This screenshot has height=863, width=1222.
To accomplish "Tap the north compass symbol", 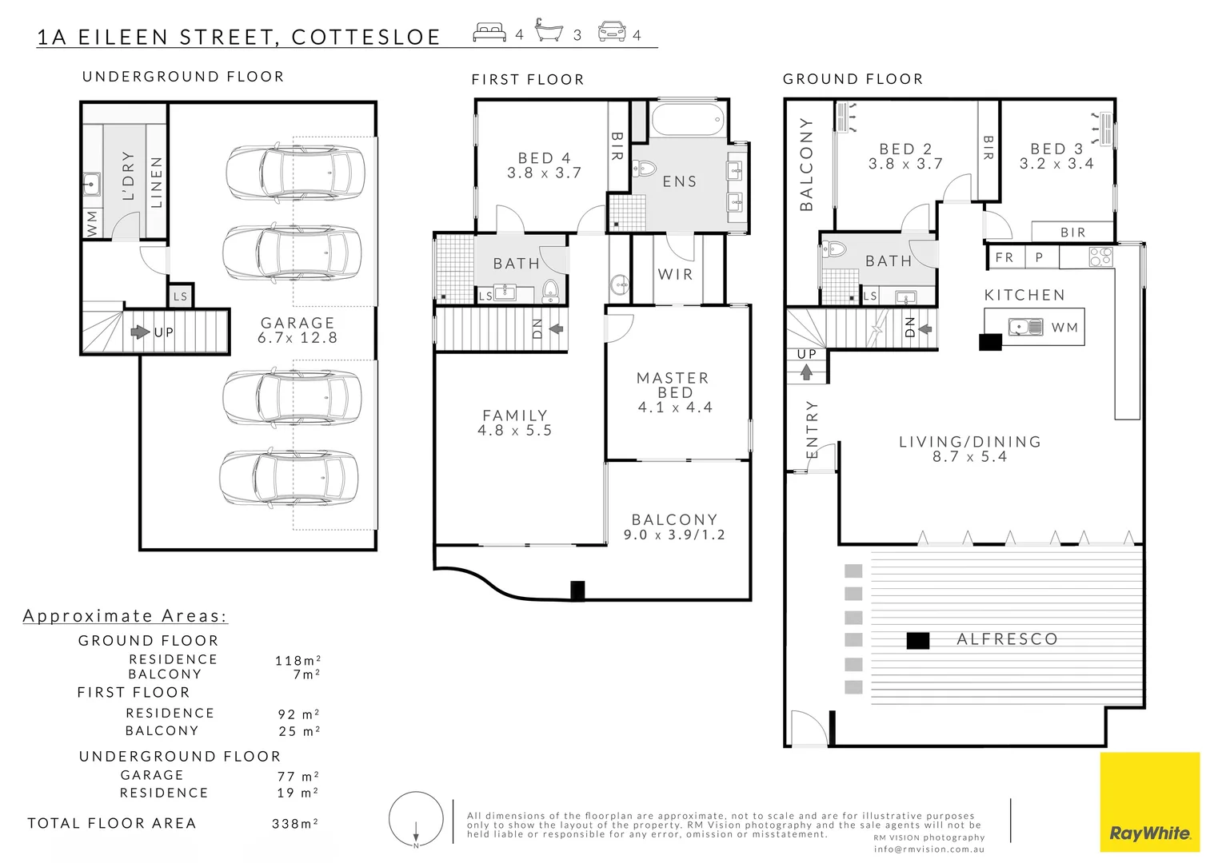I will [416, 820].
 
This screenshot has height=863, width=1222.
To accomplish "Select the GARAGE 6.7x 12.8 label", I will [298, 330].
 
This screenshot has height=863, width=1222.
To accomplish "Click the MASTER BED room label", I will [674, 392].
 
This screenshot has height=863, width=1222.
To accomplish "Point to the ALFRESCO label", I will [1007, 639].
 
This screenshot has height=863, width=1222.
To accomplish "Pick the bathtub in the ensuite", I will [688, 121].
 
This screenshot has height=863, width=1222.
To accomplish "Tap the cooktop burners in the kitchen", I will [1100, 257].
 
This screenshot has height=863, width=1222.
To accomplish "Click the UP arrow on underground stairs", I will [141, 332].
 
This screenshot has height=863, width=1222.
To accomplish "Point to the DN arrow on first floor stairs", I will [556, 328].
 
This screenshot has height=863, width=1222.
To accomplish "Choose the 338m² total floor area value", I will [295, 823].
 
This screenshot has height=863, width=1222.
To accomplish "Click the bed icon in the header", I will [489, 33].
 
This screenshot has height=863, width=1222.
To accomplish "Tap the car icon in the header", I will [612, 33].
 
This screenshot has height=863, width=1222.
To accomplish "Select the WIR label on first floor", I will [675, 274].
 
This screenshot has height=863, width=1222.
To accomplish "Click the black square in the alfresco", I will [917, 640].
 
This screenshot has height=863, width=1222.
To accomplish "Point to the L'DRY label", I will [128, 176].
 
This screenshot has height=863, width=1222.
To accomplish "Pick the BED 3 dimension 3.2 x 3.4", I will [1056, 164].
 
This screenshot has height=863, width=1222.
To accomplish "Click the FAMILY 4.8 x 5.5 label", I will [515, 423].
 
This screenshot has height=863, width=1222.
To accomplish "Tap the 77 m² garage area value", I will [298, 776].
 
